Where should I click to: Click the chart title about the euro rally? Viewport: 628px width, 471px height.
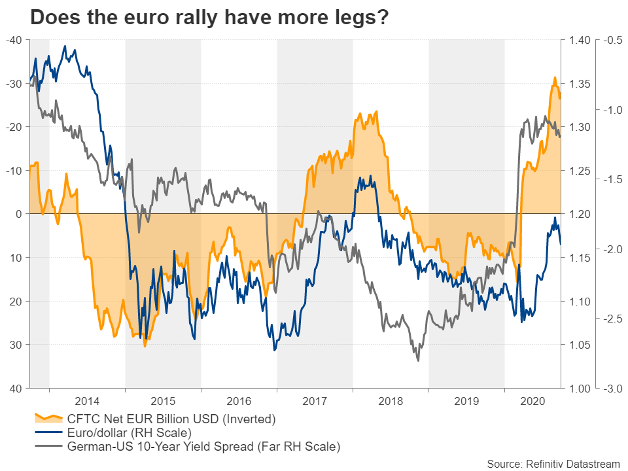(x=209, y=18)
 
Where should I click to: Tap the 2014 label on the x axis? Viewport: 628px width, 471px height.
(x=87, y=399)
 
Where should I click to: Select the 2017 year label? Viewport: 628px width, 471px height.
(x=315, y=399)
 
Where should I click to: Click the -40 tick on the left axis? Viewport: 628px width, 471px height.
(x=14, y=41)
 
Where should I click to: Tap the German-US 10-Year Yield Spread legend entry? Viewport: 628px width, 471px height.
(x=204, y=447)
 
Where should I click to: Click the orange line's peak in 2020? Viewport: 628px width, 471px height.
(x=555, y=78)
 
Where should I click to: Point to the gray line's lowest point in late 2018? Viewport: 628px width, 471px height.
(x=418, y=360)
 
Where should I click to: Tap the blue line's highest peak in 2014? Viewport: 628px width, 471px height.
(x=64, y=46)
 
